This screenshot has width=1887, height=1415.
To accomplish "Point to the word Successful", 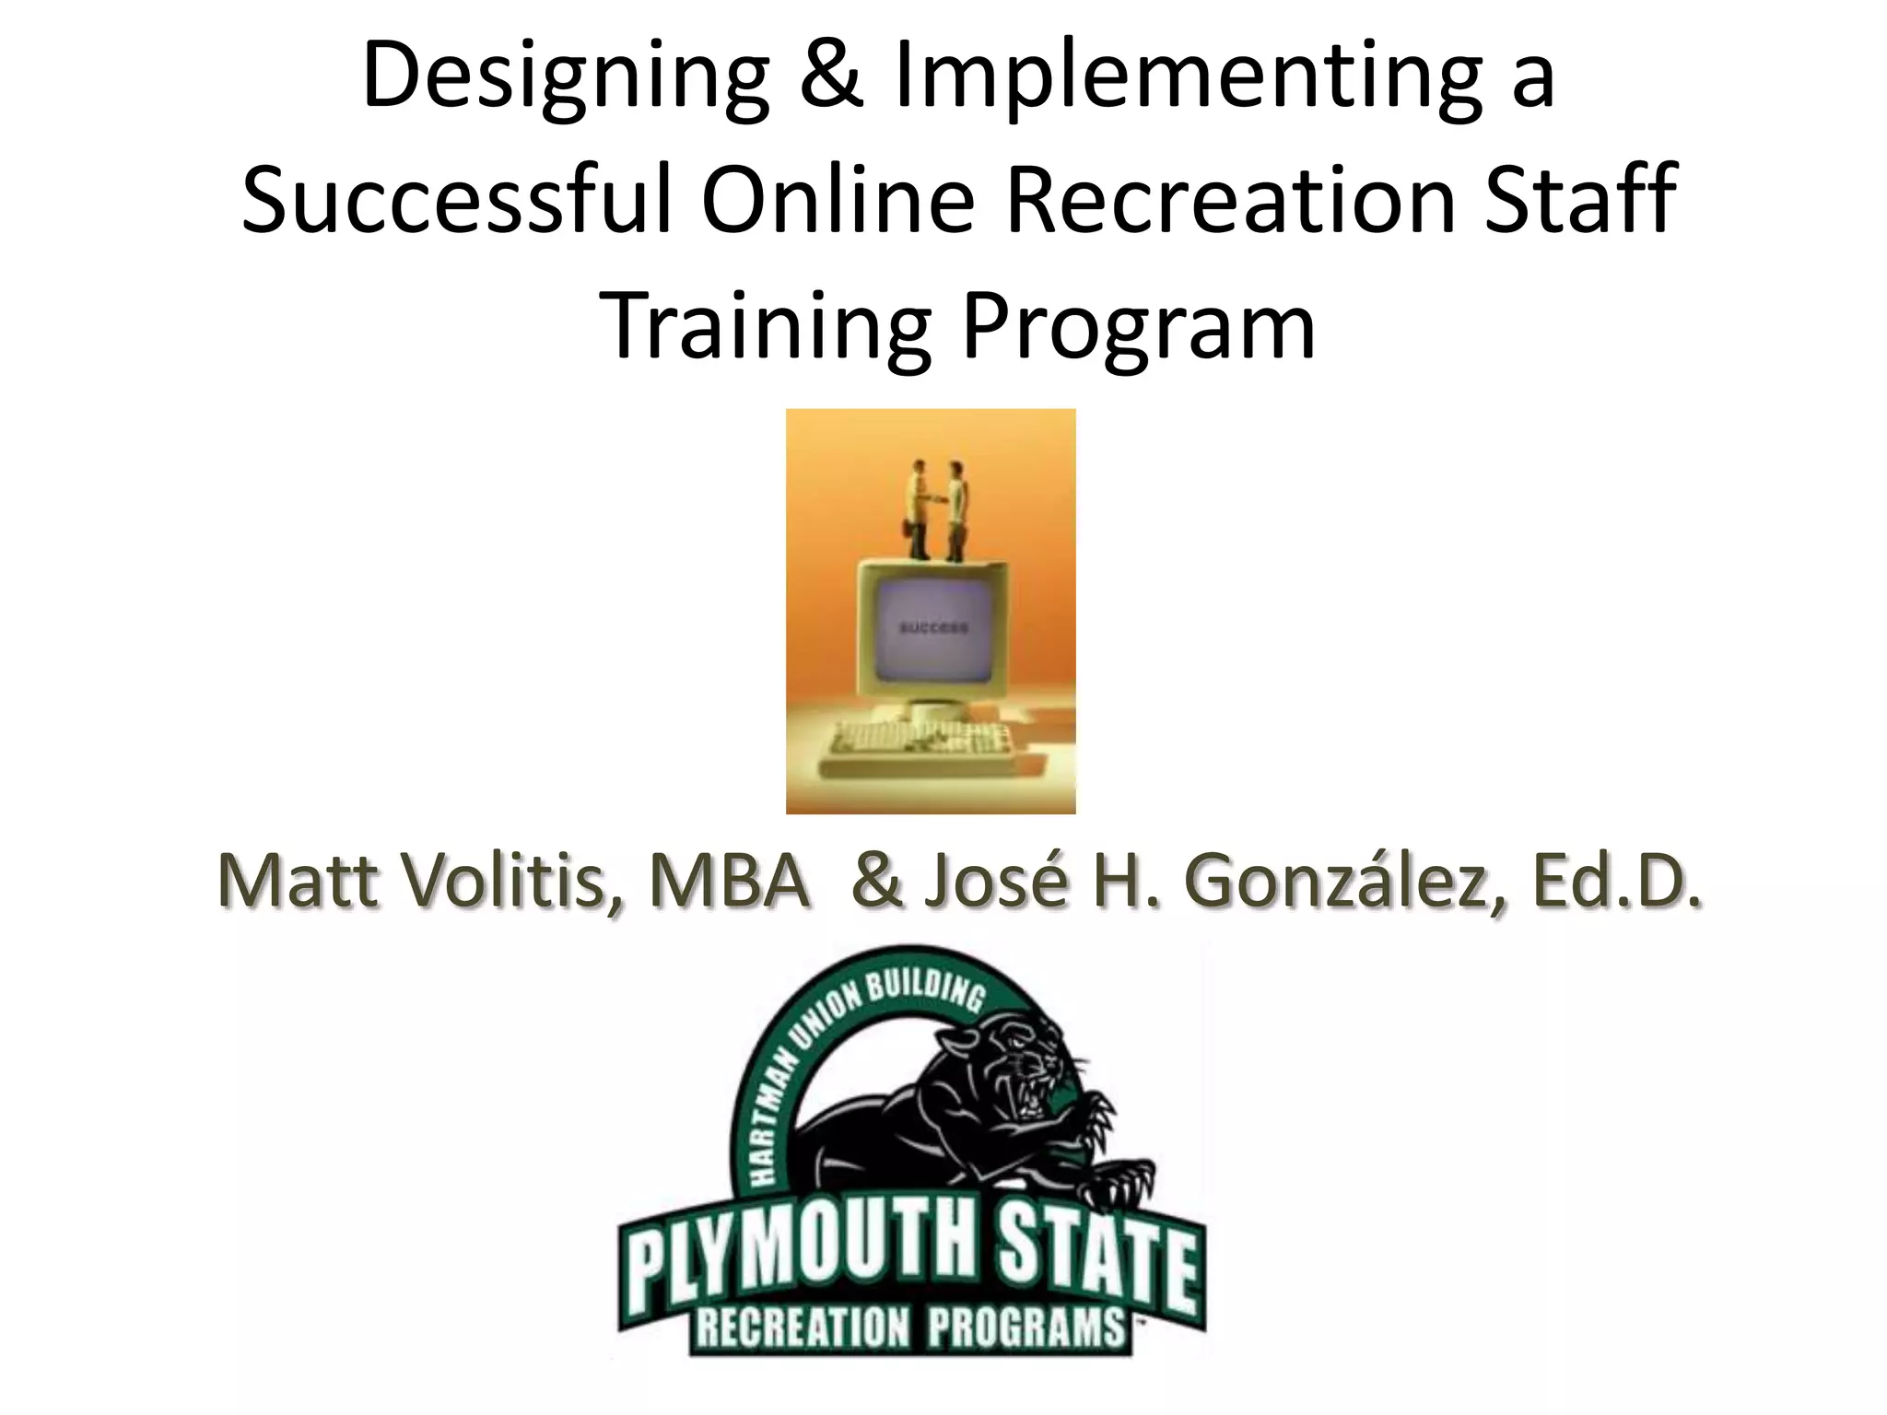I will [456, 199].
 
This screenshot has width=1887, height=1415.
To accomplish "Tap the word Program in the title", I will [1138, 326].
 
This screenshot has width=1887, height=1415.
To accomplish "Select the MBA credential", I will [728, 882].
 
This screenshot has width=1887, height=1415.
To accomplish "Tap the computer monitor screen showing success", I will [932, 628].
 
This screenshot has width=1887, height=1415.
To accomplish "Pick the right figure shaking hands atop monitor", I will [956, 509].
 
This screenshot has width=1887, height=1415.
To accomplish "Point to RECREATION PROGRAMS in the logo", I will [910, 1327].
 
